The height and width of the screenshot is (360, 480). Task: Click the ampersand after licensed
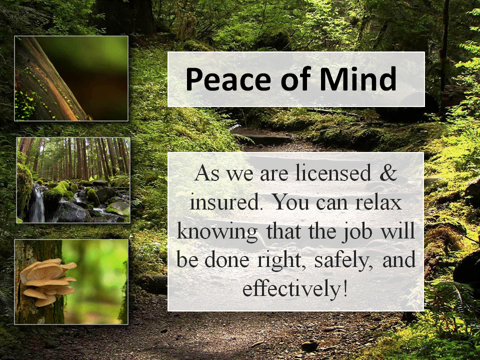coord(388,172)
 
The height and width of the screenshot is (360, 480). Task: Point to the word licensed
coord(333,172)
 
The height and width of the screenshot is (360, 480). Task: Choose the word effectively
coord(291,288)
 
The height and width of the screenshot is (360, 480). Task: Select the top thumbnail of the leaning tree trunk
coord(71,78)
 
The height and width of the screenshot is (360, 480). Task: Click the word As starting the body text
coord(207,172)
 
